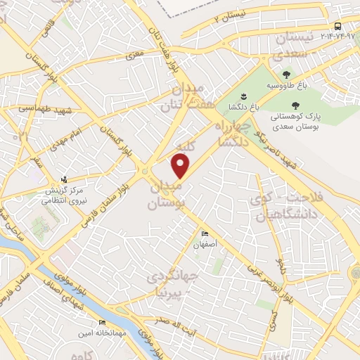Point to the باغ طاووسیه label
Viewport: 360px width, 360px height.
tap(285, 86)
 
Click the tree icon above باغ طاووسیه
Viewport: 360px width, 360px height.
tap(285, 74)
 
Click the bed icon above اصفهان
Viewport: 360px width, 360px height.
tap(205, 234)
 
